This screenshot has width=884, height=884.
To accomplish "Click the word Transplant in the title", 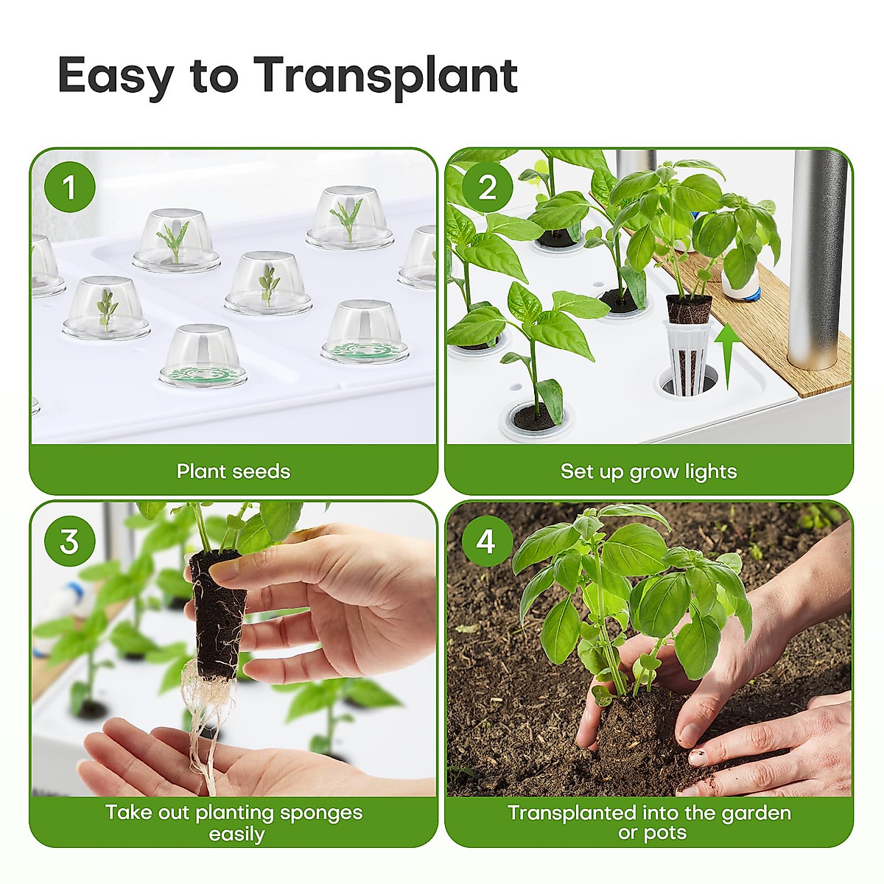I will (x=386, y=75).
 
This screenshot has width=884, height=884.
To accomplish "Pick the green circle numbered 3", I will (x=69, y=541).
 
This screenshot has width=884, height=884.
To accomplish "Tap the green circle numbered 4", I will (x=486, y=541).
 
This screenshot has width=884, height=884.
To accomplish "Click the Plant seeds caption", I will (x=234, y=471).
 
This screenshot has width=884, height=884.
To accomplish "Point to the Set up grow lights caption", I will (x=648, y=471).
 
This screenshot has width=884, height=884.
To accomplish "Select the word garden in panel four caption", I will (x=756, y=813).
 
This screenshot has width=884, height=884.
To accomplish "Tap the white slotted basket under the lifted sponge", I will (x=690, y=354).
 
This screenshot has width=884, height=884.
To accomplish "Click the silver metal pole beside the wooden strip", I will (x=818, y=258).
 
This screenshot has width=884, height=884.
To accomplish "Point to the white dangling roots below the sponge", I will (x=207, y=707).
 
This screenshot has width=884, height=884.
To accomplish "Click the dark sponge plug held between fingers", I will (x=217, y=604).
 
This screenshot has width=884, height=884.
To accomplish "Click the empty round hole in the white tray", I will (x=690, y=383).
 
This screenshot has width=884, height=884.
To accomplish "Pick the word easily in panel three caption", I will (x=236, y=834).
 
